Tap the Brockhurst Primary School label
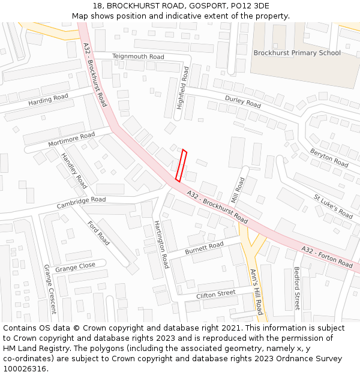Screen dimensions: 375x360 297,53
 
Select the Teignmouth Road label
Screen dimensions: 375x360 138,56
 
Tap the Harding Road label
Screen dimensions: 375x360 49,100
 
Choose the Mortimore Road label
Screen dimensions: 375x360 71,142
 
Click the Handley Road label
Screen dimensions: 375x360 74,170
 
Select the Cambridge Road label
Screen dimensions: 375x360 81,203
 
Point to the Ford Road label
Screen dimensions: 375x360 99,233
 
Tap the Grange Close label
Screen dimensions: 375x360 75,266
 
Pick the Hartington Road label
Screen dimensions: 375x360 161,244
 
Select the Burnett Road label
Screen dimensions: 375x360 204,247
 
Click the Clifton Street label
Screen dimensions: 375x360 216,294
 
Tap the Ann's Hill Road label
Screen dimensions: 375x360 256,292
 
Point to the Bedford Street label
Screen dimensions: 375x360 296,288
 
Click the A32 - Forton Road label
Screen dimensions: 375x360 327,257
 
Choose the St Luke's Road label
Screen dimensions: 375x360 333,206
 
